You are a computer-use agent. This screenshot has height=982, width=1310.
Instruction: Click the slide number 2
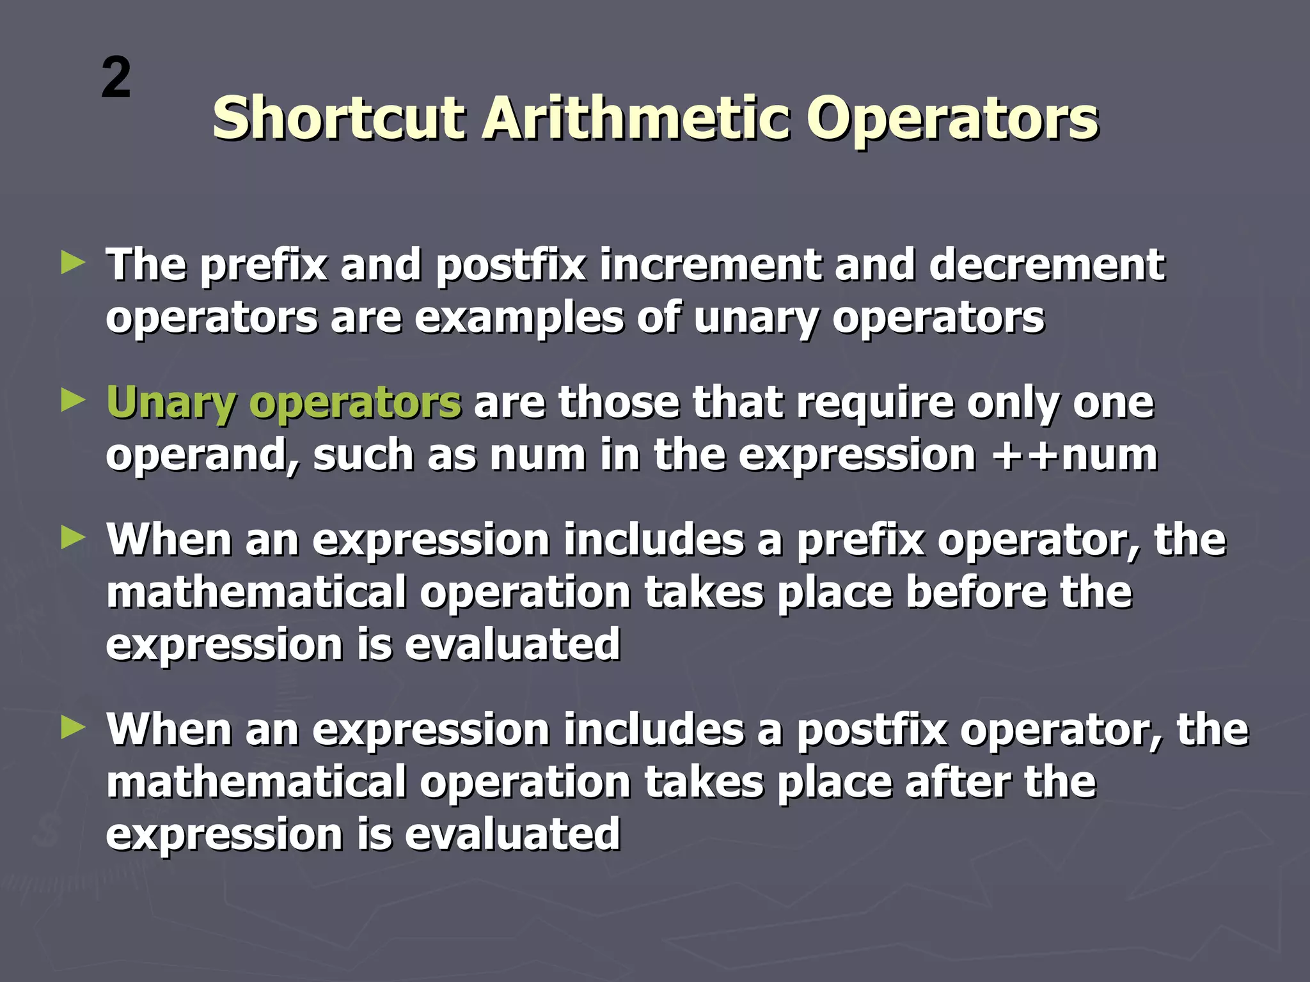coord(116,78)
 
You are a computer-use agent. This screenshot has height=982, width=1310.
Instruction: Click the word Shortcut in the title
coord(338,118)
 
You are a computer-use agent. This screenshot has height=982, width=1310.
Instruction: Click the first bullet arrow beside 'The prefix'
coord(73,263)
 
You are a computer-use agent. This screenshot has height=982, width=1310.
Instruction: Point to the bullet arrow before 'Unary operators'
coord(73,401)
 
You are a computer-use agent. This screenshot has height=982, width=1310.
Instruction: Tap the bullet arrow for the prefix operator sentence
coord(73,538)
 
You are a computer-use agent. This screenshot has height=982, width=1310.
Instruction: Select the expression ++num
coord(1075,455)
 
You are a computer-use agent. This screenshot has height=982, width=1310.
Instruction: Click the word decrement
coord(1046,265)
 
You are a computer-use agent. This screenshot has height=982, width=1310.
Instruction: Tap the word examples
coord(519,318)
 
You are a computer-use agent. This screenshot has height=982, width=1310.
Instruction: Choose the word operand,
coord(202,456)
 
